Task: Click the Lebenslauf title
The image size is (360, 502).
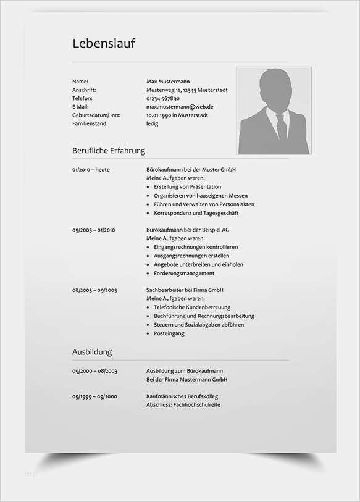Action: (x=104, y=43)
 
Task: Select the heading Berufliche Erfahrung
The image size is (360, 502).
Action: (x=109, y=150)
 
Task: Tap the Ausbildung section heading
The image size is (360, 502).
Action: (x=92, y=352)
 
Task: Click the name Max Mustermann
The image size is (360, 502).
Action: (x=168, y=82)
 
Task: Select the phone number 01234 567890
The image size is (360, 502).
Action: (x=163, y=98)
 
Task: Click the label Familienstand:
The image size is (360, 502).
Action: (x=90, y=123)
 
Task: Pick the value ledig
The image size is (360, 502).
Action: (x=152, y=123)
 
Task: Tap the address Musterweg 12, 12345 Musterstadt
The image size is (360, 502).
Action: (x=186, y=90)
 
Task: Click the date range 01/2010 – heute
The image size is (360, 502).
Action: (x=91, y=169)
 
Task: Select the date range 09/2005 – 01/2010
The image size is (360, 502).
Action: (x=94, y=230)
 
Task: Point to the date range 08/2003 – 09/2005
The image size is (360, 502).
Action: (x=94, y=290)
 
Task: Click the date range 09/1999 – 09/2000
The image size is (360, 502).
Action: (x=94, y=396)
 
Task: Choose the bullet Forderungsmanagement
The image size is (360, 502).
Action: (x=184, y=273)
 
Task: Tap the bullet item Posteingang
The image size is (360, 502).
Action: (x=169, y=333)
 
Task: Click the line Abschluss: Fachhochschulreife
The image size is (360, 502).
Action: (x=183, y=405)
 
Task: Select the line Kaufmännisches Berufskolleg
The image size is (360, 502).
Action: (x=182, y=396)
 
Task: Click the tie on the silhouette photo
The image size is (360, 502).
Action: (x=281, y=127)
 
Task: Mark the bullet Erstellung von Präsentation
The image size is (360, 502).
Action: (x=187, y=186)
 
